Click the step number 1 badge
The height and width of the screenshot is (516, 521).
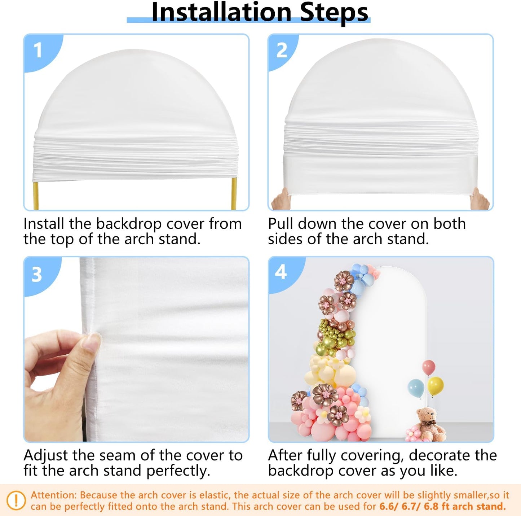(x=38, y=50)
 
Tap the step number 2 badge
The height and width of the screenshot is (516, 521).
(x=282, y=50)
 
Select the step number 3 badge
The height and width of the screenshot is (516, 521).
(x=37, y=275)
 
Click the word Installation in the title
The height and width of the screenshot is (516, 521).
(x=221, y=12)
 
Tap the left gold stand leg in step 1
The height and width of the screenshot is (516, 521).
(x=36, y=195)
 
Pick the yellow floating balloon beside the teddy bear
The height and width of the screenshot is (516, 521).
(x=436, y=385)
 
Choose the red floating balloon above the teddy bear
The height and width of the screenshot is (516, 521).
(x=428, y=367)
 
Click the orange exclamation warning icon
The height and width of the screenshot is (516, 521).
(x=16, y=500)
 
